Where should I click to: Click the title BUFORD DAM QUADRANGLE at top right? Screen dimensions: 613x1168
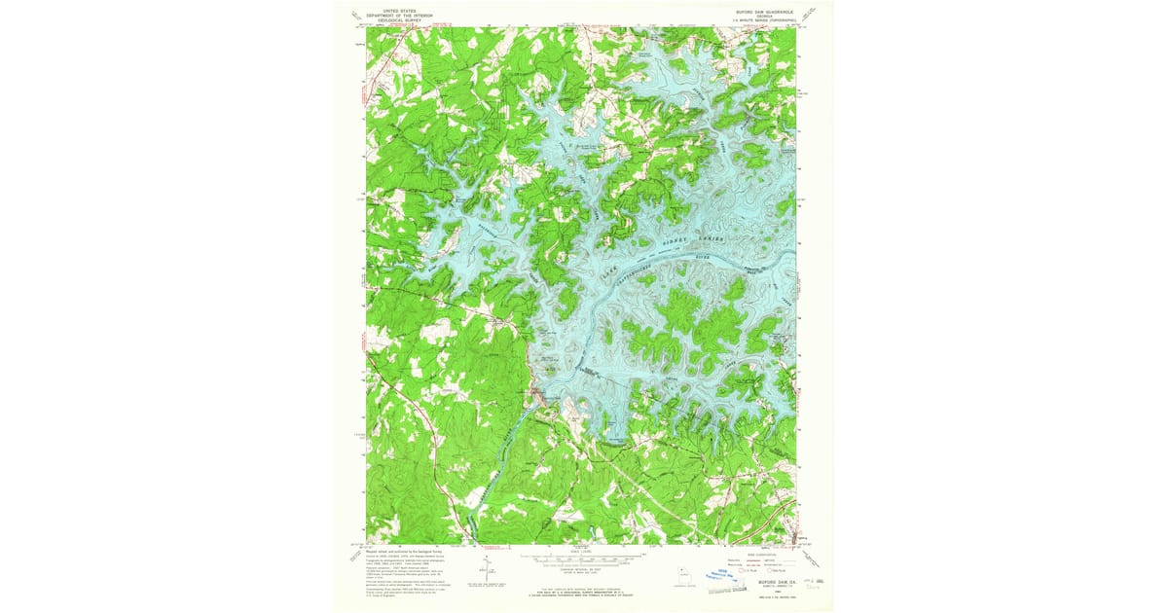point(766,12)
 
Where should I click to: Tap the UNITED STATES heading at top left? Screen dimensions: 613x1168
point(387,9)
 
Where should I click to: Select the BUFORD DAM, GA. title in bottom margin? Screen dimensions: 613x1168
point(765,581)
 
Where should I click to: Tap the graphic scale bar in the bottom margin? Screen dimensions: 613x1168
point(582,560)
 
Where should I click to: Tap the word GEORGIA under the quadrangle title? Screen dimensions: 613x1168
point(766,16)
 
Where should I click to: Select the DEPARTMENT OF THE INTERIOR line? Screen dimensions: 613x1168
point(387,14)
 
